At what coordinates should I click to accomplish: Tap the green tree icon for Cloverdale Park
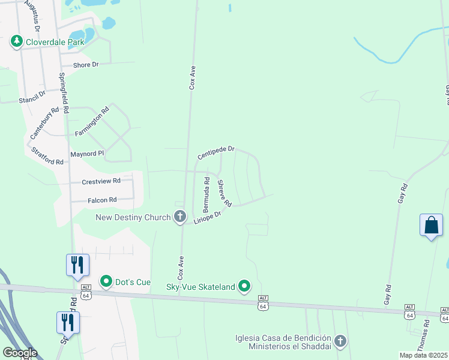[x=17, y=41]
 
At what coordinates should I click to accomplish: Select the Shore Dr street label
[x=85, y=65]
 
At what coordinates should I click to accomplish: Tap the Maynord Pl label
[x=87, y=154]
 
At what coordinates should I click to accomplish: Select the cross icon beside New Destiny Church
[x=179, y=217]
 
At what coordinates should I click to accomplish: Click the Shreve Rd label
[x=224, y=193]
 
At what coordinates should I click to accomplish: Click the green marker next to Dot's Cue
[x=107, y=281]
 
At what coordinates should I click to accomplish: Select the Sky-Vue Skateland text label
[x=200, y=287]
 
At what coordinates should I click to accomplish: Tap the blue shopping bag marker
[x=431, y=226]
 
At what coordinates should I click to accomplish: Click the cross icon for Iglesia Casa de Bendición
[x=340, y=341]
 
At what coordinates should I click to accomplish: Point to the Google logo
[x=19, y=353]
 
